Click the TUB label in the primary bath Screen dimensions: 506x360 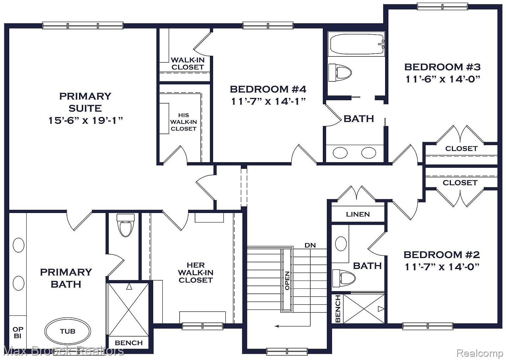[68, 331]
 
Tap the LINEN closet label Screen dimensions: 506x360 [358, 214]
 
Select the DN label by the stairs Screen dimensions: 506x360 [310, 245]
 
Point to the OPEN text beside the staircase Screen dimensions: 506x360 [287, 281]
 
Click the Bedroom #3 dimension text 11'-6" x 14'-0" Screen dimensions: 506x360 [442, 79]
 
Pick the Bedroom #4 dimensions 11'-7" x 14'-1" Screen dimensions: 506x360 [268, 101]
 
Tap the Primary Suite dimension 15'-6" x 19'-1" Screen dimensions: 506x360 [86, 120]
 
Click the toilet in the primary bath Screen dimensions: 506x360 [126, 225]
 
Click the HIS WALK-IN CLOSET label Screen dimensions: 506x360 [183, 122]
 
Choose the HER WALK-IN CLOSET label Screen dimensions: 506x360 [196, 273]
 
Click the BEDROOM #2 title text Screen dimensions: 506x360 [442, 255]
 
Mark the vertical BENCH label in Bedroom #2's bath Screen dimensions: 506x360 [338, 309]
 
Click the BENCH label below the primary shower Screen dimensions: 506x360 [129, 343]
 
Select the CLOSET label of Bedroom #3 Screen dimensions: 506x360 [461, 149]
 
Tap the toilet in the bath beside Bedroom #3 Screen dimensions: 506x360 [340, 73]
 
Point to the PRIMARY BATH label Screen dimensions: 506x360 [66, 278]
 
